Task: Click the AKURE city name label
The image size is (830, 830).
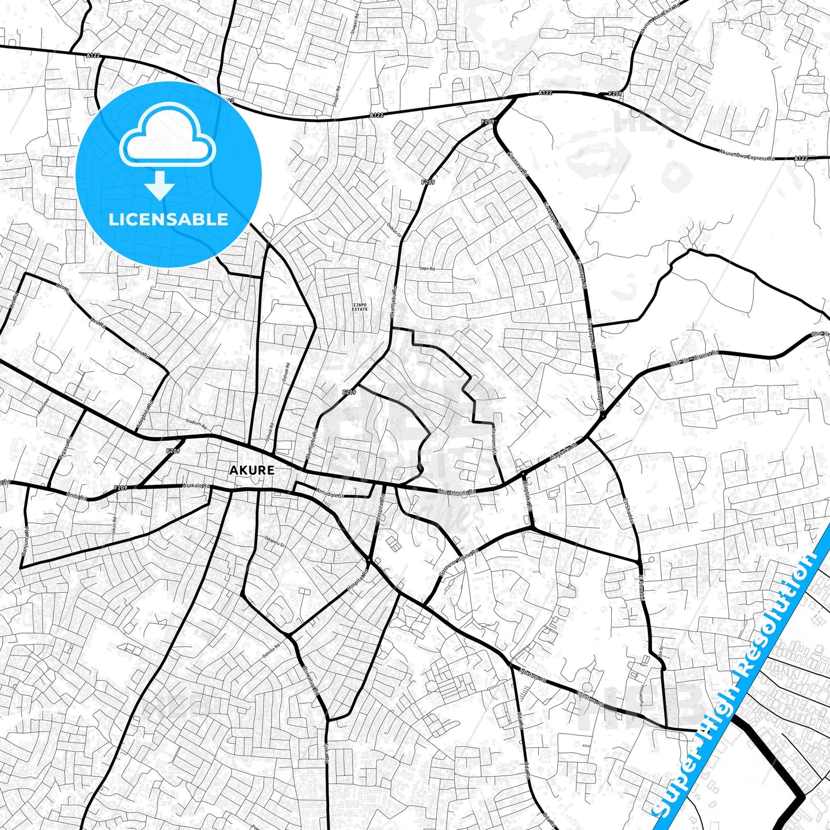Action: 252,470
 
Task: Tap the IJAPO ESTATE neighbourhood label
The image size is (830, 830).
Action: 360,307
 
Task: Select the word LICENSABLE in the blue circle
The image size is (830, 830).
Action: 168,219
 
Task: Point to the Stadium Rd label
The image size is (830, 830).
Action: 196,424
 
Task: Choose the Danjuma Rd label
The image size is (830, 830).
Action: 26,542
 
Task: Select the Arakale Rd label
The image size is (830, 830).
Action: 196,486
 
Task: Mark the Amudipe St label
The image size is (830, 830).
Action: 330,494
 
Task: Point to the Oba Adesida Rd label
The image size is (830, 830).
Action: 457,491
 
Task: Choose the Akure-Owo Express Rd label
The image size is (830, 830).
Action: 747,155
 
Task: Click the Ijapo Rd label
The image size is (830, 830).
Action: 427,268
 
